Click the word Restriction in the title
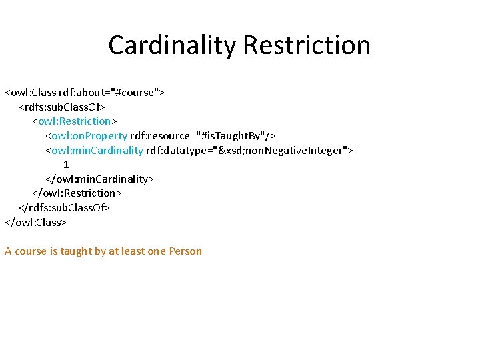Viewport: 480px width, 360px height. tap(307, 45)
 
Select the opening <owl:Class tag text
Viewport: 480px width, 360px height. tap(31, 92)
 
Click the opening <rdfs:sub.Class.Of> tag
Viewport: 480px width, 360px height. tap(62, 107)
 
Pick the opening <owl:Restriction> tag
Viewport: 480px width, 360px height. tap(75, 121)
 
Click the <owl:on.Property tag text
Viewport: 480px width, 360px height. tap(86, 135)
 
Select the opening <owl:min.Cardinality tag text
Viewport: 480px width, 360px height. tap(94, 150)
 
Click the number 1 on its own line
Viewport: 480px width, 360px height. tap(66, 164)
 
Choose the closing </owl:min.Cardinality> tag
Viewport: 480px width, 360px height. tap(99, 179)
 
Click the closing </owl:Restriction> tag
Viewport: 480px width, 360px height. tap(77, 193)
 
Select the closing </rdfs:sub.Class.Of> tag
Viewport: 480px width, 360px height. tap(64, 207)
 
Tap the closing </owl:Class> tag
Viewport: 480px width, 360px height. tap(36, 222)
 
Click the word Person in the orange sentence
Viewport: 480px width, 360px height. tap(185, 251)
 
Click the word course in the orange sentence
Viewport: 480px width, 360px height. tap(31, 251)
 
